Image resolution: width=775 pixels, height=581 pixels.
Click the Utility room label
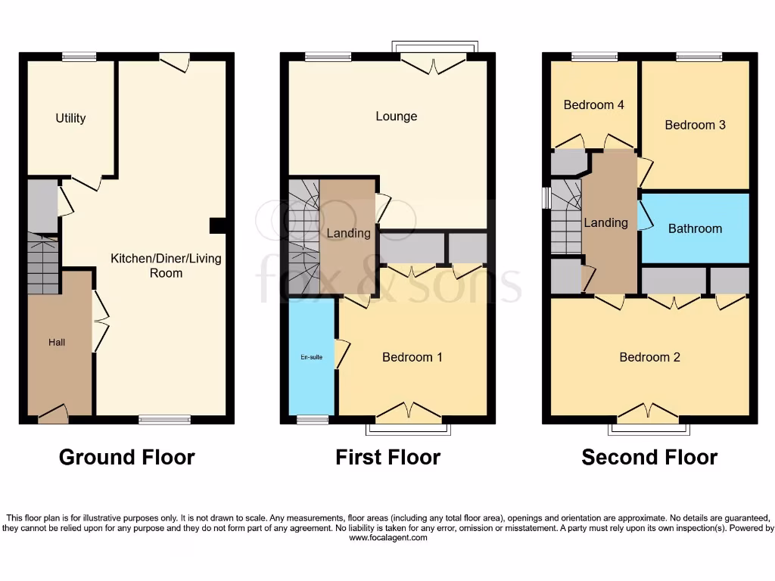coord(70,118)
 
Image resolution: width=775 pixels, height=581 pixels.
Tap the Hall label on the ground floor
coord(57,343)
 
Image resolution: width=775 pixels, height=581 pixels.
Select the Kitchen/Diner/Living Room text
coord(166,266)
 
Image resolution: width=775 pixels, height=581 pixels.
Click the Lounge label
coord(396,117)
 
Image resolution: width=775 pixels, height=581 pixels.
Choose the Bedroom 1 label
coord(412,357)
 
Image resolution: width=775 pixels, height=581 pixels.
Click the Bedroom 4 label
coord(593,105)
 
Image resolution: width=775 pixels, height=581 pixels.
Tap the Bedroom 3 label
coord(695,125)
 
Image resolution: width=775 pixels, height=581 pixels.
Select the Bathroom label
coord(695,228)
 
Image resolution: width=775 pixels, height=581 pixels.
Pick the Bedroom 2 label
coord(649,357)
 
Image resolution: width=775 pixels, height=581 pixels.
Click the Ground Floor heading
coord(126,458)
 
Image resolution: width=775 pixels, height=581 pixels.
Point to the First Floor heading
coord(387,458)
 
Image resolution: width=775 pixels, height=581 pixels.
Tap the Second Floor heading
coord(649,458)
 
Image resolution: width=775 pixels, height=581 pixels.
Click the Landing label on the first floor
coord(348,233)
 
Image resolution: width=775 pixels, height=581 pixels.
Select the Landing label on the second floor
coord(605,222)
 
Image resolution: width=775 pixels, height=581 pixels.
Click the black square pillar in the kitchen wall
coord(216,225)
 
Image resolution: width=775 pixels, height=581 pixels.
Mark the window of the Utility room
coord(79,56)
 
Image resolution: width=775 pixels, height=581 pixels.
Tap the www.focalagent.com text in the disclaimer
coord(387,539)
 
